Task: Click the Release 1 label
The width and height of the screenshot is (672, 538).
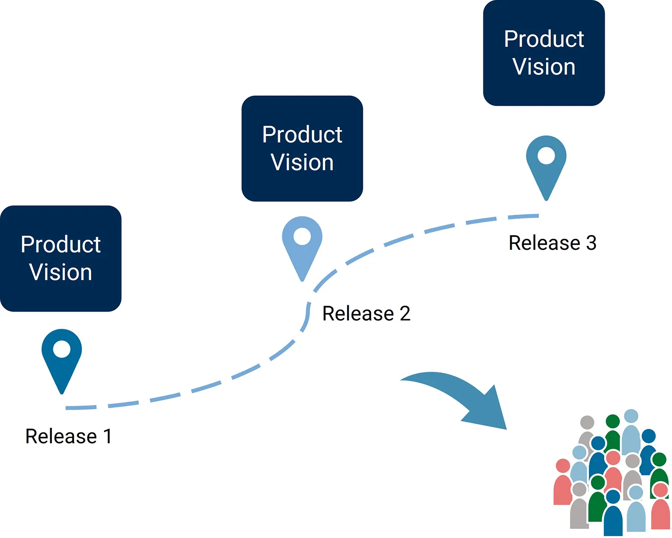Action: (x=68, y=436)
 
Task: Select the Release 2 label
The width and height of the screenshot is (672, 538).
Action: (x=366, y=313)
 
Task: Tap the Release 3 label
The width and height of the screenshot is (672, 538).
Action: (x=552, y=243)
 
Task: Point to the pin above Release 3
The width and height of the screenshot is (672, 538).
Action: (x=546, y=166)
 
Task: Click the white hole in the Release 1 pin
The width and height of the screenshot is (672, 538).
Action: (x=62, y=349)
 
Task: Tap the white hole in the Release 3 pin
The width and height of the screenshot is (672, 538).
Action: (x=546, y=156)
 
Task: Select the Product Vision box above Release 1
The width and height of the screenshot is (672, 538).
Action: (x=61, y=258)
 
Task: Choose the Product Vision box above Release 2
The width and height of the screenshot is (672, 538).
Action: (x=302, y=148)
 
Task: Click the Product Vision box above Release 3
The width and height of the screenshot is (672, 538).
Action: (x=544, y=53)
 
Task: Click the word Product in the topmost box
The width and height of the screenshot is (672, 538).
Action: (x=544, y=39)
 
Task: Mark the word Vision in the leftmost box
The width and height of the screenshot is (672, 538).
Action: (x=61, y=272)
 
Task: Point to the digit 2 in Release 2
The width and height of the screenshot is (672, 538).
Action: (x=405, y=313)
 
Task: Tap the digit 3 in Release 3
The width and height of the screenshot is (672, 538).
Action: (x=591, y=243)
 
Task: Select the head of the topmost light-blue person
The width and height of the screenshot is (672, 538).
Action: (x=631, y=416)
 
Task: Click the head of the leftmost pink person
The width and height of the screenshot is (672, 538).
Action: (x=563, y=466)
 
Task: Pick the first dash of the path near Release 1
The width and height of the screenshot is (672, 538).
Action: (x=81, y=408)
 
